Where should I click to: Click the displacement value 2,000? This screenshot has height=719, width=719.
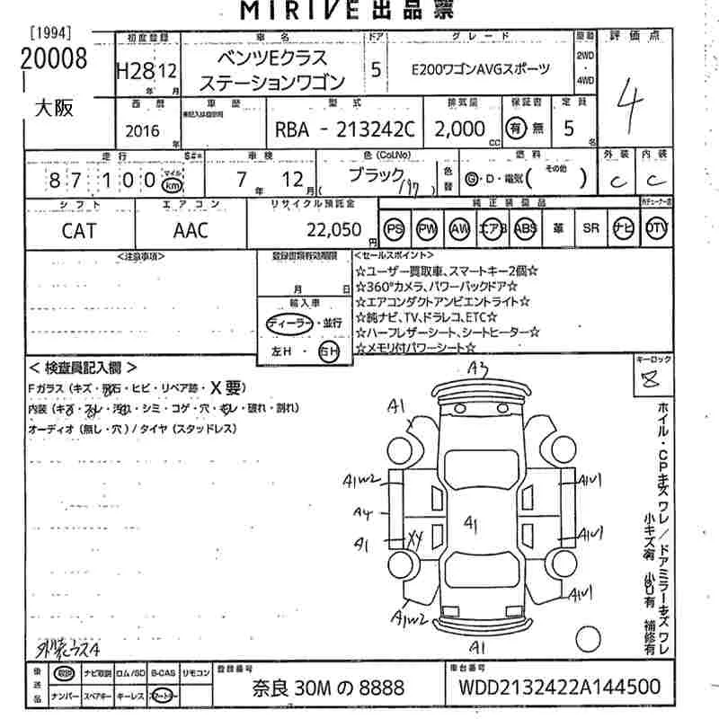pyautogui.click(x=459, y=129)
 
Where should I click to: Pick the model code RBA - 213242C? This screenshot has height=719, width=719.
pyautogui.click(x=345, y=129)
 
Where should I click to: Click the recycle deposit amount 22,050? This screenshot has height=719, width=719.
pyautogui.click(x=333, y=229)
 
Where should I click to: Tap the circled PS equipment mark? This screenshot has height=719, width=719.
pyautogui.click(x=394, y=229)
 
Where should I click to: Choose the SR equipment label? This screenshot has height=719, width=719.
pyautogui.click(x=590, y=229)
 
